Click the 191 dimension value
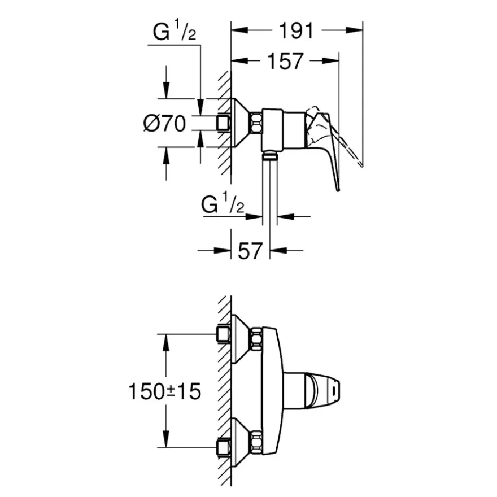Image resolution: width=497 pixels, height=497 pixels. pyautogui.click(x=296, y=30)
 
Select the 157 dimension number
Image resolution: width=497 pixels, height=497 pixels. pyautogui.click(x=285, y=61)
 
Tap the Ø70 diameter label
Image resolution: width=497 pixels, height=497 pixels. pyautogui.click(x=164, y=123)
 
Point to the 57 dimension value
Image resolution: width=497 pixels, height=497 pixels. pyautogui.click(x=250, y=251)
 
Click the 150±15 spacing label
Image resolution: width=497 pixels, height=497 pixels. pyautogui.click(x=164, y=391)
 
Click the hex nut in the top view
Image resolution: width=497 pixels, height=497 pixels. pyautogui.click(x=256, y=123)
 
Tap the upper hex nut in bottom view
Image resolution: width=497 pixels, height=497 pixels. pyautogui.click(x=256, y=338)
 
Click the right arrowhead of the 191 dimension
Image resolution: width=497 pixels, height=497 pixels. pyautogui.click(x=354, y=30)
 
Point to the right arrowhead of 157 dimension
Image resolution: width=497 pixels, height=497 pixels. pyautogui.click(x=330, y=60)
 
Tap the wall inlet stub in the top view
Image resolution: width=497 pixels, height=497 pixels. pyautogui.click(x=224, y=123)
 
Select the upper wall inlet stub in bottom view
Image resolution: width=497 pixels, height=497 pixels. pyautogui.click(x=224, y=334)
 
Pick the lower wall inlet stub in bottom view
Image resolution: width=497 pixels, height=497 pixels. pyautogui.click(x=224, y=447)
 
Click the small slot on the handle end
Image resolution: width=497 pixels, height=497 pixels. pyautogui.click(x=334, y=391)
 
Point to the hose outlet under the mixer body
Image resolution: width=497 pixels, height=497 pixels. pyautogui.click(x=270, y=155)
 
